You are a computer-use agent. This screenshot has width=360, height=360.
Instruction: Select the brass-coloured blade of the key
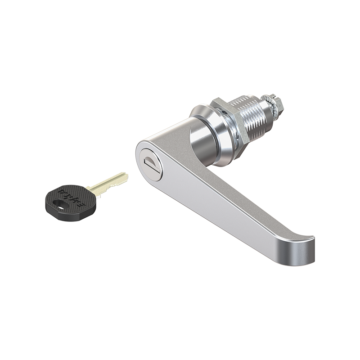tap(108, 183)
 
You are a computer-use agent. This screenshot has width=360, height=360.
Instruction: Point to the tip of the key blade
tap(126, 176)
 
